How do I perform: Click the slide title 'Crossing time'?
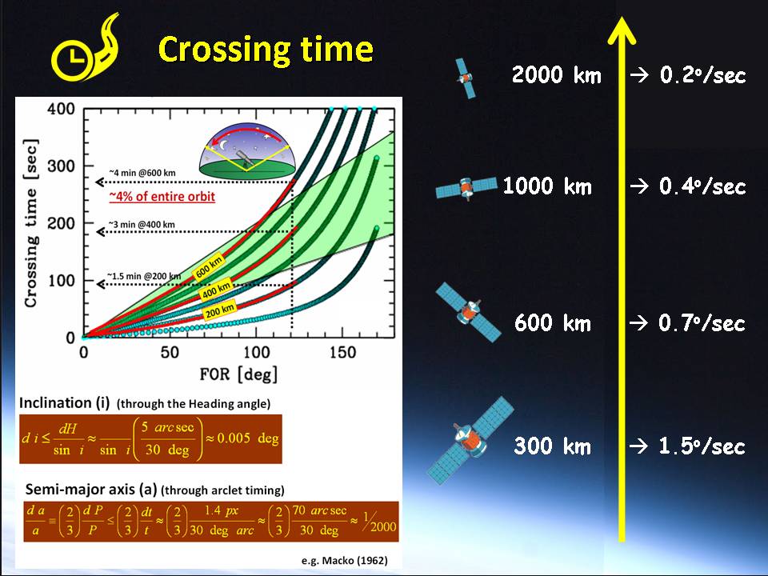(x=266, y=50)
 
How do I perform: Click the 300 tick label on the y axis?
(x=62, y=166)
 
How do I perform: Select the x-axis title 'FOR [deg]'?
(x=238, y=374)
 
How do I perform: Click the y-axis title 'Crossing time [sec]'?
(x=31, y=223)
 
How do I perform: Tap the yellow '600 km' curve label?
(x=209, y=267)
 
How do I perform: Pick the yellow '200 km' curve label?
(x=219, y=310)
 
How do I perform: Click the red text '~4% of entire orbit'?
(x=162, y=197)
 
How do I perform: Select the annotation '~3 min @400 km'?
(x=142, y=225)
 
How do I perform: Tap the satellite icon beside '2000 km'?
(x=466, y=78)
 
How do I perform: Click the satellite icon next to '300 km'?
(x=470, y=440)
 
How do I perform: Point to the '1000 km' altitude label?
(x=547, y=186)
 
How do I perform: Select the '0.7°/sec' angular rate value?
(x=702, y=323)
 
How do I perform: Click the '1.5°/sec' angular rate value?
(x=702, y=446)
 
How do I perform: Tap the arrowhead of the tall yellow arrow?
(x=622, y=30)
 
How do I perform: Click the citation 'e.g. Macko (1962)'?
(x=344, y=560)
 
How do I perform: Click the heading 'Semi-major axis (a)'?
(x=91, y=490)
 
